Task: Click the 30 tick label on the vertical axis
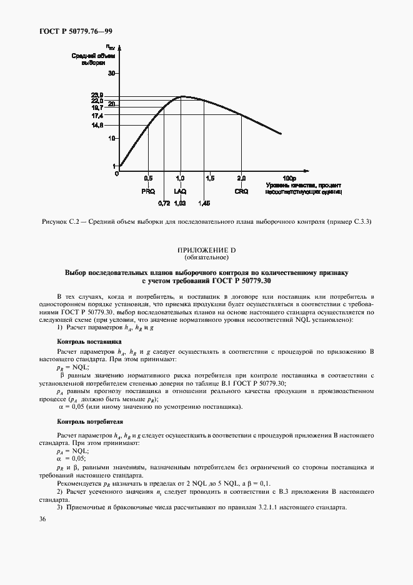pyautogui.click(x=112, y=73)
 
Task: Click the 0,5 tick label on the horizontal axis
pyautogui.click(x=148, y=178)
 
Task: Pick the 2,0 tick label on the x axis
pyautogui.click(x=241, y=178)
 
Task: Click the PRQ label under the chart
pyautogui.click(x=148, y=191)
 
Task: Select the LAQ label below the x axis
pyautogui.click(x=180, y=191)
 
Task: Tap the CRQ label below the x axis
pyautogui.click(x=241, y=191)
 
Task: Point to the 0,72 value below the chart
pyautogui.click(x=164, y=202)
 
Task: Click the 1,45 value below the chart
pyautogui.click(x=204, y=202)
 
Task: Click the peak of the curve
pyautogui.click(x=182, y=97)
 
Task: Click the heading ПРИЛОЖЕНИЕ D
pyautogui.click(x=206, y=250)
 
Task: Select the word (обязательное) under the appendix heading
pyautogui.click(x=206, y=257)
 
